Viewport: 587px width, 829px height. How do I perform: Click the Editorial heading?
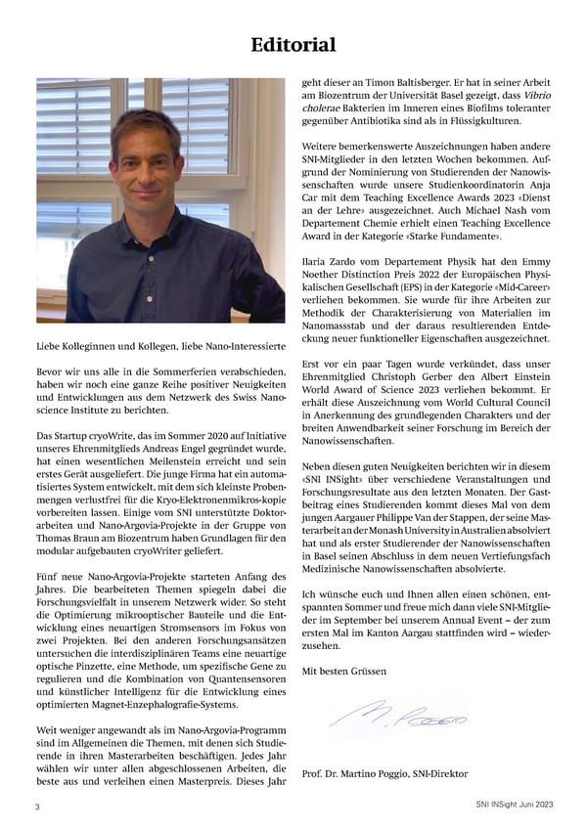pos(293,45)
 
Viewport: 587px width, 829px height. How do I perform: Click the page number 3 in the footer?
pos(37,807)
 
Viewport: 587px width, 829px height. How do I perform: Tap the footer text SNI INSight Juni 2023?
pos(509,804)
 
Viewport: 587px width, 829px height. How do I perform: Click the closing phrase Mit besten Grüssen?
pos(345,671)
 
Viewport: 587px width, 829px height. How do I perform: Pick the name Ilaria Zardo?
pos(332,263)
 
